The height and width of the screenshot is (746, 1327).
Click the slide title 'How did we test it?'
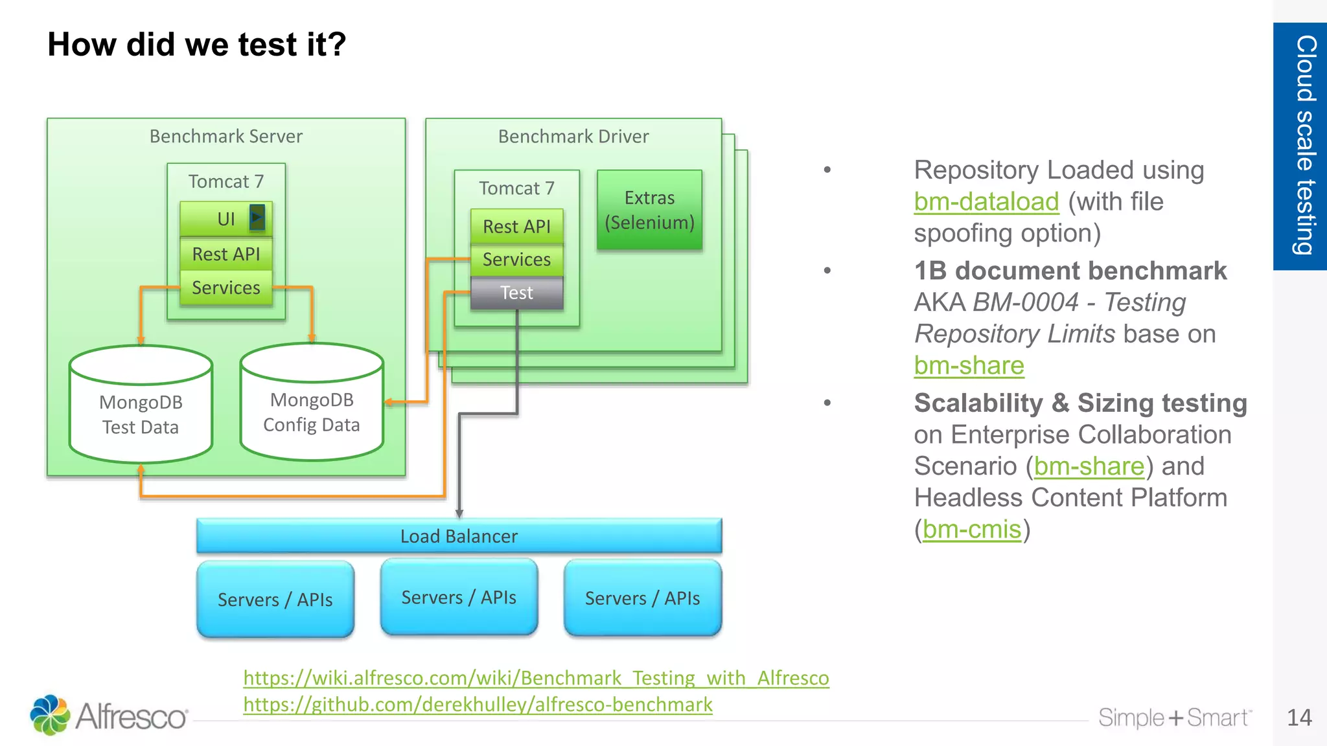click(x=196, y=45)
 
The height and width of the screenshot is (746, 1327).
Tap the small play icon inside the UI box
click(x=257, y=218)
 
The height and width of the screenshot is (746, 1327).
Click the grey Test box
click(x=516, y=293)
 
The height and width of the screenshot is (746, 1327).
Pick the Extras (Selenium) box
click(x=649, y=210)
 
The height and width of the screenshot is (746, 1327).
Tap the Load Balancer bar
click(x=459, y=536)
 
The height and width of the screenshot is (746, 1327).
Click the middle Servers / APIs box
click(x=459, y=597)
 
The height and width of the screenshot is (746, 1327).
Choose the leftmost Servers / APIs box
click(x=275, y=600)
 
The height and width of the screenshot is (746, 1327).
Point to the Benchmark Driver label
click(x=573, y=137)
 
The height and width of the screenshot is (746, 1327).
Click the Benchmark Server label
click(x=225, y=137)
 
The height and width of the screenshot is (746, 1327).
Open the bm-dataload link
click(x=986, y=202)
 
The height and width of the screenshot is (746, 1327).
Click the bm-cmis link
click(x=971, y=530)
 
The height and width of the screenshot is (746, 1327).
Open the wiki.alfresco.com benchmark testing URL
click(x=536, y=678)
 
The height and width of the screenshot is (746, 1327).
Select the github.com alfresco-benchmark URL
click(x=478, y=705)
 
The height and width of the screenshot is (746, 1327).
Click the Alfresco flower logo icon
click(x=50, y=715)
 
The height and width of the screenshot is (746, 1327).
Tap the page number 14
click(x=1298, y=718)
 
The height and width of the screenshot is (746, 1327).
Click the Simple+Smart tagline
click(x=1174, y=718)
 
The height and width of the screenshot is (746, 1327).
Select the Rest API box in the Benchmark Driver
click(x=516, y=227)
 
